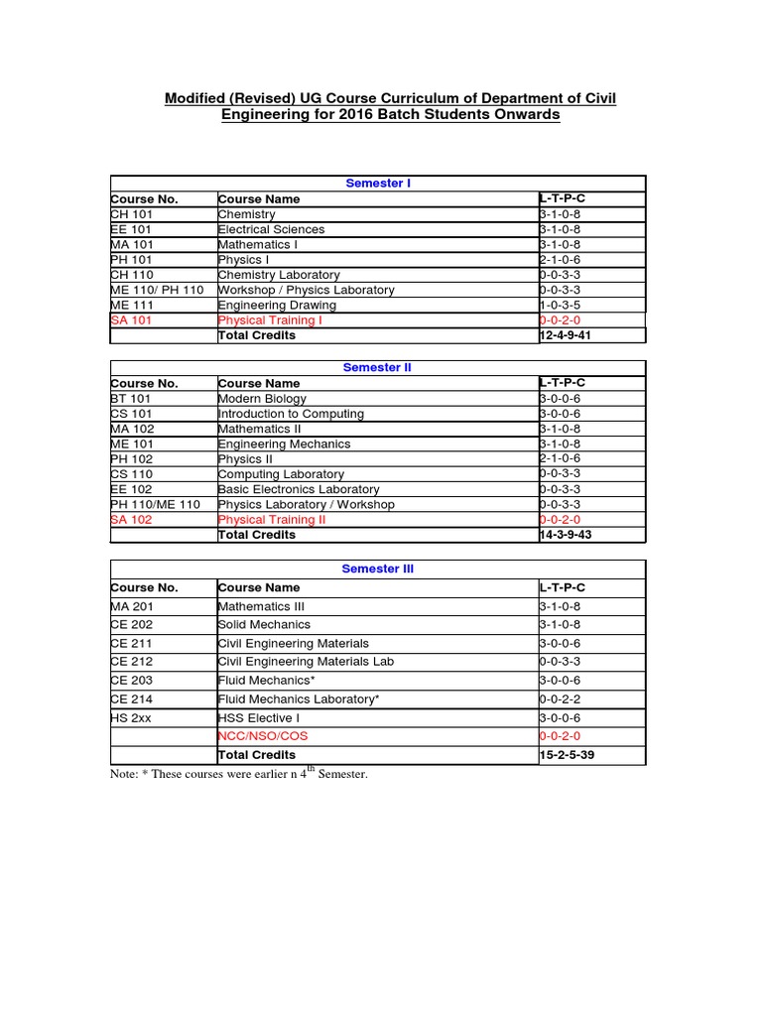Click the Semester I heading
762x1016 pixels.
377,184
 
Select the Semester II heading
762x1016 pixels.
377,367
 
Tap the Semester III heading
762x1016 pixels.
377,570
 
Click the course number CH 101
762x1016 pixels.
131,214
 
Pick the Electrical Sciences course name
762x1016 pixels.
271,229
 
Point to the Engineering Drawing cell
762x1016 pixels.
265,306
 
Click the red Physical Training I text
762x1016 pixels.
270,320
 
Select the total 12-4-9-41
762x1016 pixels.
566,335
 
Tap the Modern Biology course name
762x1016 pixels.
262,399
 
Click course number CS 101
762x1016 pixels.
131,414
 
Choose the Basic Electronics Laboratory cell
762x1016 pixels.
298,489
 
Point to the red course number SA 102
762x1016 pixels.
131,520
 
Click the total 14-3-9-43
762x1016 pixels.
566,535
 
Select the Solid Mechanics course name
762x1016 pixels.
264,625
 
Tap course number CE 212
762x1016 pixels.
132,662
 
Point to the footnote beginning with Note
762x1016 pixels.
238,774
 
